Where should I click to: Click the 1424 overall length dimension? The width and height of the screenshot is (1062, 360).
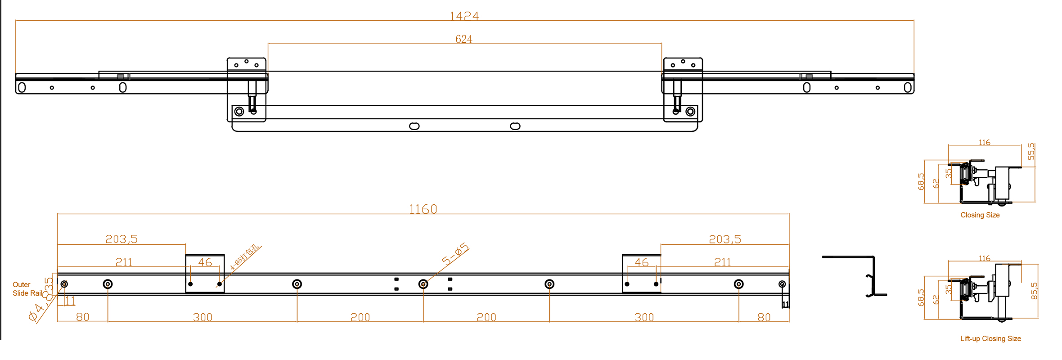[464, 16]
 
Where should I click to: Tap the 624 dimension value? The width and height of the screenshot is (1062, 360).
[463, 39]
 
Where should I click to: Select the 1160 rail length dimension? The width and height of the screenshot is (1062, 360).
[423, 209]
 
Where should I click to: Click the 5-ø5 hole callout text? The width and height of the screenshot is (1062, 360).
[455, 254]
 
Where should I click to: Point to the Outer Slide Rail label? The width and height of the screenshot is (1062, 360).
[27, 289]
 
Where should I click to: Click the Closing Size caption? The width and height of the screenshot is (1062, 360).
[980, 215]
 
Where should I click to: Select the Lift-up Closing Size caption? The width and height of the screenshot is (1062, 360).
[990, 338]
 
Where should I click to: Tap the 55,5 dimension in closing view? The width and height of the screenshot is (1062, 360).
[1031, 152]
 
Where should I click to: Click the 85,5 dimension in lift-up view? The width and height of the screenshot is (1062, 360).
[1034, 291]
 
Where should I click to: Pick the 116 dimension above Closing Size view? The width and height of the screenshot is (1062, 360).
[984, 143]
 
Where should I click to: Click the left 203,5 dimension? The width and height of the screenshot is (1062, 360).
[121, 239]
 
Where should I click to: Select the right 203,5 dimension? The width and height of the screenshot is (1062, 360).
[724, 239]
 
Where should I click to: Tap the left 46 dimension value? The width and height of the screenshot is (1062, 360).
[205, 262]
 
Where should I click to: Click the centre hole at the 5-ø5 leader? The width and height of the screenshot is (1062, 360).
[423, 284]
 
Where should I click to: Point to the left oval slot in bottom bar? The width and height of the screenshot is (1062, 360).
[414, 126]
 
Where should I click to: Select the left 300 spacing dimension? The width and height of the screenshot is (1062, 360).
[202, 317]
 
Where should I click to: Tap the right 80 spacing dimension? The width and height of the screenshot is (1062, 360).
[764, 317]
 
